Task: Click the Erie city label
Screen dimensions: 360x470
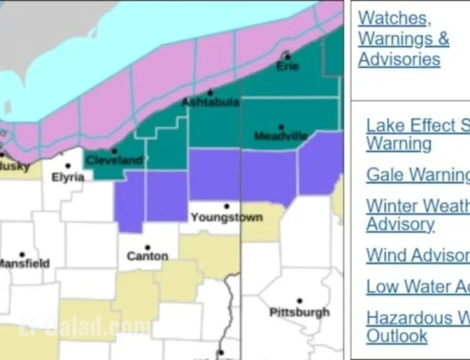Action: tap(287, 66)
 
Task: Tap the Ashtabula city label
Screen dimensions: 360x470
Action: tap(210, 102)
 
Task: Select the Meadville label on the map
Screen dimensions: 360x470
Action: tap(280, 136)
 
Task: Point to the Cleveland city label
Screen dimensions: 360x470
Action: tap(114, 160)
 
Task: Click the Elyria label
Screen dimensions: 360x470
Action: tap(68, 177)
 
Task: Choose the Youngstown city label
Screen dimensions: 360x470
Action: tap(226, 217)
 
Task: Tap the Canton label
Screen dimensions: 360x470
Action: tap(148, 256)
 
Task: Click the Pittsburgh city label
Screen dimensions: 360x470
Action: tap(299, 312)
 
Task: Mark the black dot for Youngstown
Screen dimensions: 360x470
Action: tap(226, 206)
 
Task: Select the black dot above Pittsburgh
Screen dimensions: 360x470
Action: tap(299, 301)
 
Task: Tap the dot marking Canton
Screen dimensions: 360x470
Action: tap(148, 248)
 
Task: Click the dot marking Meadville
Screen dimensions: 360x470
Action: tap(280, 127)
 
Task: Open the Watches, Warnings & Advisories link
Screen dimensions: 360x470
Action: tap(404, 38)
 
